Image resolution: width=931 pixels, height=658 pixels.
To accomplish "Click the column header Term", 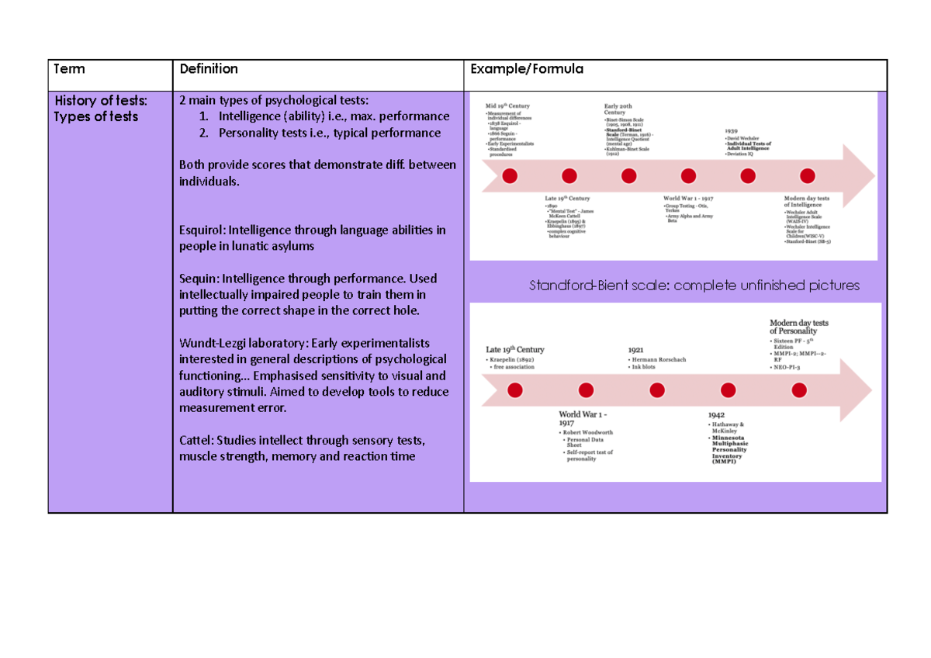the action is (x=69, y=69).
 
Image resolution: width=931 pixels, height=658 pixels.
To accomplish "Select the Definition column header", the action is (x=209, y=69).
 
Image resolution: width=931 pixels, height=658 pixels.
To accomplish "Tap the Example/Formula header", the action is (x=527, y=69).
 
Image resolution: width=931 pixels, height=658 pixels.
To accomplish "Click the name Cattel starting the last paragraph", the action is (x=195, y=440).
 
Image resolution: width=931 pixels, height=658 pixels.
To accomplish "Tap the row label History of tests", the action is (x=101, y=100).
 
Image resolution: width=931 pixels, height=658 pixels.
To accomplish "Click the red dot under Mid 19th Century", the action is (x=510, y=176).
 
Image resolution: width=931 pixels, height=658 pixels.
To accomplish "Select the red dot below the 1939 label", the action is (x=748, y=176).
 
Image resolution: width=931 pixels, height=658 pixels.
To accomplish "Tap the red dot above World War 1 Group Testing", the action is (x=688, y=176).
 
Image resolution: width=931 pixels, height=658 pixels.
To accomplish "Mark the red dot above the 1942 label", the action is (x=728, y=390).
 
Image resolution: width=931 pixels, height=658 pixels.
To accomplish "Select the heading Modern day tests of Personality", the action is (x=798, y=327).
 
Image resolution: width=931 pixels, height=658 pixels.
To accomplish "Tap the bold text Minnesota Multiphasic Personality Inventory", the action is (x=729, y=448).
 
